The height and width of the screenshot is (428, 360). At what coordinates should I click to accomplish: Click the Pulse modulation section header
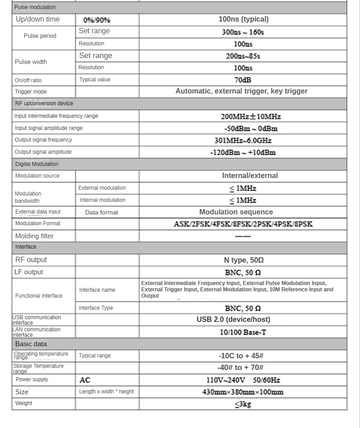35,7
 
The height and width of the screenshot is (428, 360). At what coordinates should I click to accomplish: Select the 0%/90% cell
97,20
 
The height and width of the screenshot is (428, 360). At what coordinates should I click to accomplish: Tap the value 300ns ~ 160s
243,32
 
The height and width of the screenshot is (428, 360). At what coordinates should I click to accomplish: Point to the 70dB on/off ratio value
243,80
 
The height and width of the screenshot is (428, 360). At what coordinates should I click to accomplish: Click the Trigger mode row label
31,92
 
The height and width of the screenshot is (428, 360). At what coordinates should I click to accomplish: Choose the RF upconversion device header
44,103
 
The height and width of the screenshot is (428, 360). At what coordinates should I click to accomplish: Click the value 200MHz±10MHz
251,116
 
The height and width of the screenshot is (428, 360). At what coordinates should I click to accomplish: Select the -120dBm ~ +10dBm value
243,152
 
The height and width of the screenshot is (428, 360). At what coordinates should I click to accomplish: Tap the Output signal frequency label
43,140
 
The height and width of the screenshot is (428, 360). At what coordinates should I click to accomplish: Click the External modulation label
102,188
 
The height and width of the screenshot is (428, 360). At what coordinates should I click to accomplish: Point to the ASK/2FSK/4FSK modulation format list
243,224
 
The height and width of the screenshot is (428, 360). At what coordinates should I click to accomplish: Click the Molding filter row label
34,236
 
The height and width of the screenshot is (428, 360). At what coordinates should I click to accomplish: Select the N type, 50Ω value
243,260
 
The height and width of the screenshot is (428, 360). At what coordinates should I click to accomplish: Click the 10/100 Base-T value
243,332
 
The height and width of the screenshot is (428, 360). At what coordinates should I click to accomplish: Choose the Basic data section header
31,344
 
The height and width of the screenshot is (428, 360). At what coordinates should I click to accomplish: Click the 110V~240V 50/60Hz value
243,380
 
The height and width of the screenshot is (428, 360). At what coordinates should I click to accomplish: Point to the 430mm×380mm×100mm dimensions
243,392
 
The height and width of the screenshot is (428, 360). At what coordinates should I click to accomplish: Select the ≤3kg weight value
243,404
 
